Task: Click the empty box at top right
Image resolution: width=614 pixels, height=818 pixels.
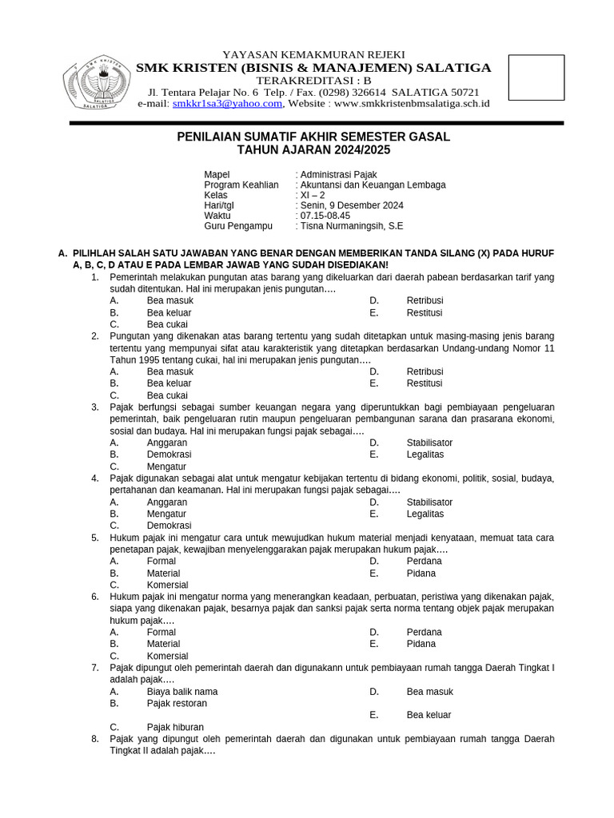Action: [536, 77]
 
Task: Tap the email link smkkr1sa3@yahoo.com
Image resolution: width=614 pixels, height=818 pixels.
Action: [227, 104]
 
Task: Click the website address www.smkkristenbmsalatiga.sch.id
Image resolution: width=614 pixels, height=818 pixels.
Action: [412, 104]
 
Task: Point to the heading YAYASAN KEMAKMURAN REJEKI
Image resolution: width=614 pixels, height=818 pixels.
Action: [313, 54]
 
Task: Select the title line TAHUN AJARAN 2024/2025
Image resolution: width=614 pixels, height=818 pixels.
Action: [313, 150]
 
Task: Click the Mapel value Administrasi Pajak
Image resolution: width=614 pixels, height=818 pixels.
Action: [338, 174]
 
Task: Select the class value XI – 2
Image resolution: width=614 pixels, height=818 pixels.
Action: [313, 195]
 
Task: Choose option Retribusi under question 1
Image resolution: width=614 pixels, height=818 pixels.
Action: [425, 301]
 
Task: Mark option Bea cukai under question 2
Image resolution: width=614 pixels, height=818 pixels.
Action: [167, 395]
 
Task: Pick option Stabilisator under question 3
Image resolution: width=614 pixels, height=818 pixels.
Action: [429, 443]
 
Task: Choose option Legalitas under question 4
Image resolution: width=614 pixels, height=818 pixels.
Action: [425, 514]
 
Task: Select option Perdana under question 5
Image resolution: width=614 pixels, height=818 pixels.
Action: [424, 561]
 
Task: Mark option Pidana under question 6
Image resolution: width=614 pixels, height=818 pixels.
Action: [421, 644]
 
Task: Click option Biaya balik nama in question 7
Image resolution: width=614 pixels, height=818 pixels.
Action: [182, 692]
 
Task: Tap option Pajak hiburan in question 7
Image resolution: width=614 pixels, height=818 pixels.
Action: [175, 727]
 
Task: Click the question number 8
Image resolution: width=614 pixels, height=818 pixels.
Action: [94, 739]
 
